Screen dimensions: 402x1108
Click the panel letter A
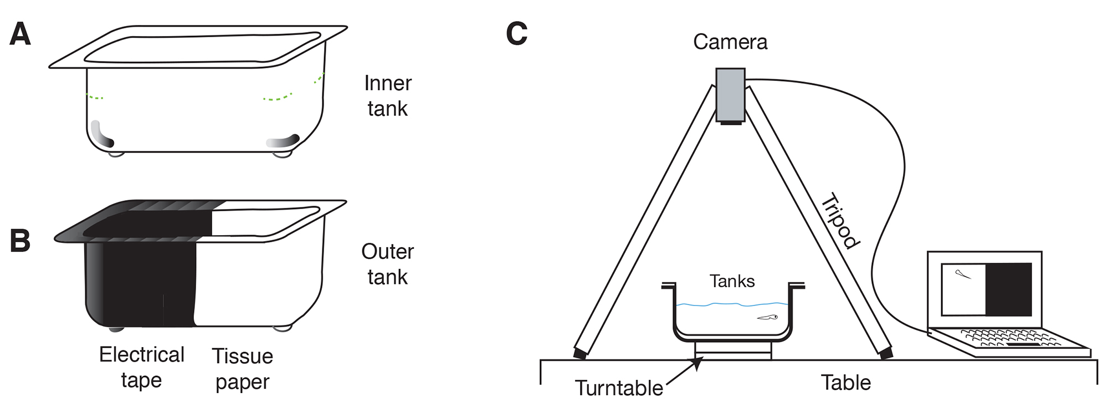20,34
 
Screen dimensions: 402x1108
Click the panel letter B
20,241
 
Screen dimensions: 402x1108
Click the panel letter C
516,34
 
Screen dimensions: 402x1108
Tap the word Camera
730,42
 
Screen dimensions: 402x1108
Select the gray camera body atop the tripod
730,94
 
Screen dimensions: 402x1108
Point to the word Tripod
840,221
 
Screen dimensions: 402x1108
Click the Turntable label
618,388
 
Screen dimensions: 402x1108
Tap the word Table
845,383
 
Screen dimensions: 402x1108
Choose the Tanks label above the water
732,281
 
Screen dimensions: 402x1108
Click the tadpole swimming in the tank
768,318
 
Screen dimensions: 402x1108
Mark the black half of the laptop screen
1008,289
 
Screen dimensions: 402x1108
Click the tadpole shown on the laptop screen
963,274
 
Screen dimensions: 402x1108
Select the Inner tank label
388,96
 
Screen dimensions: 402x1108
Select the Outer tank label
387,264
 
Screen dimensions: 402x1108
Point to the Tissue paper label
243,369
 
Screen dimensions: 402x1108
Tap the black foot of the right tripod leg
885,353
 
